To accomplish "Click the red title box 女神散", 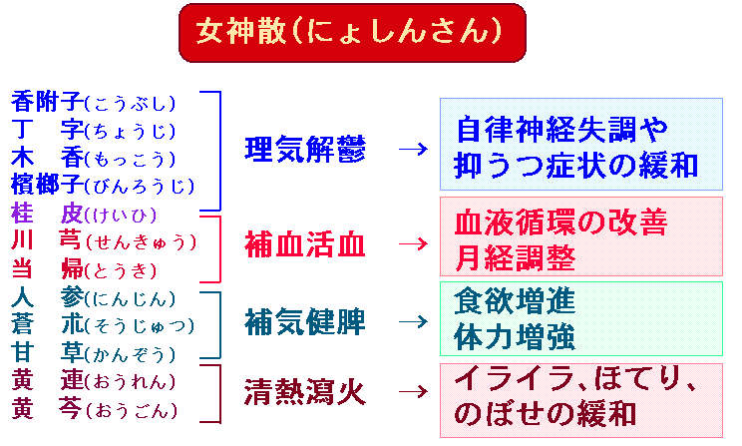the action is click(352, 33).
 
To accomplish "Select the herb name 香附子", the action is click(47, 102).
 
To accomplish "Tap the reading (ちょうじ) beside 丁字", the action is click(130, 131).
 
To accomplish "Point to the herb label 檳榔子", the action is click(47, 185).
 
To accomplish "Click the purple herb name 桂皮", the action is click(47, 214).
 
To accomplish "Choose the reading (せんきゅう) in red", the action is click(141, 242).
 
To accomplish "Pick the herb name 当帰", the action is click(47, 269).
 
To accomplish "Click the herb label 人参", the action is click(47, 297).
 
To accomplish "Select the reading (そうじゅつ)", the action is click(140, 325).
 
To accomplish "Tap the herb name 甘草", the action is click(47, 353).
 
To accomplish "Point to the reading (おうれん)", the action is click(130, 381).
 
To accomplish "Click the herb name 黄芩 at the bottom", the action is click(47, 408).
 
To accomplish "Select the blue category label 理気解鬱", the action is click(305, 149).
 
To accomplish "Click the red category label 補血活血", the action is click(305, 244).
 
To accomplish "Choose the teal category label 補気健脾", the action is click(305, 322).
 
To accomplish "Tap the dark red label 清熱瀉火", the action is click(305, 392).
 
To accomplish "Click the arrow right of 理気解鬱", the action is click(413, 149).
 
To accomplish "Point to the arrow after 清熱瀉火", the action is click(413, 392).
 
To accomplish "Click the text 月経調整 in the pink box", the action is click(515, 258).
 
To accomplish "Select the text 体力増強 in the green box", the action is click(515, 337).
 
